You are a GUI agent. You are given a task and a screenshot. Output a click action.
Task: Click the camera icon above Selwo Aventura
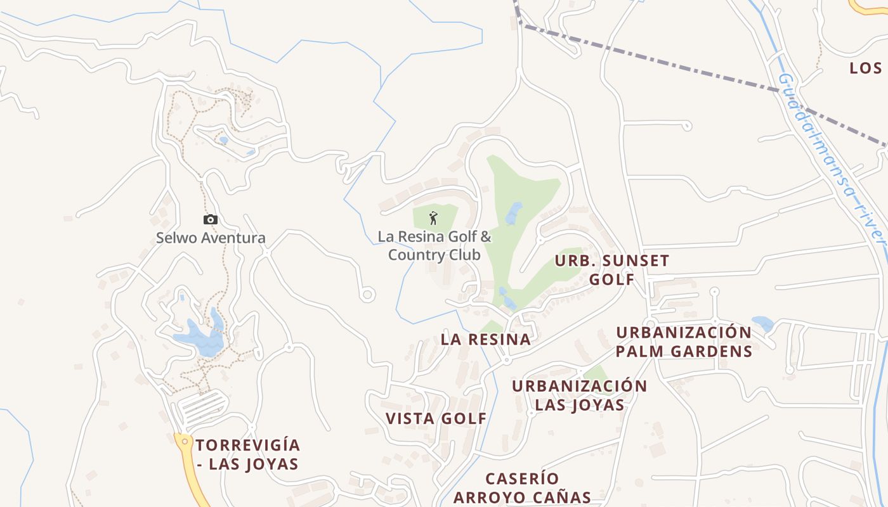[x=211, y=219]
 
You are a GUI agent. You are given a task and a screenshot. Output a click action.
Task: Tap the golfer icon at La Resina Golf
[x=434, y=218]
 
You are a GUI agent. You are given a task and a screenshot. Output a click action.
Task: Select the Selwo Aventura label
[x=211, y=238]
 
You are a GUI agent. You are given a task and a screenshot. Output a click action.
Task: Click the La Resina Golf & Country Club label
[x=435, y=246]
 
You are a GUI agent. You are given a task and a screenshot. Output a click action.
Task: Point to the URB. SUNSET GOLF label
[x=612, y=270]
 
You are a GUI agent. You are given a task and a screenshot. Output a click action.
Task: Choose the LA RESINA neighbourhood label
[x=486, y=340]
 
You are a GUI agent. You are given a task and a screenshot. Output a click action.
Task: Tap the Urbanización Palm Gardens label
[x=684, y=342]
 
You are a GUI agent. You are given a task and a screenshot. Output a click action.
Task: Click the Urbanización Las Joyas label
[x=580, y=395]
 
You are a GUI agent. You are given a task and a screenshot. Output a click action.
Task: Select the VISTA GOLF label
[x=436, y=418]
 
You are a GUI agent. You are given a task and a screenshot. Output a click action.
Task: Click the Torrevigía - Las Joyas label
[x=247, y=454]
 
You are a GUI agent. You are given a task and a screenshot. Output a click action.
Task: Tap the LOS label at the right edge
[x=866, y=68]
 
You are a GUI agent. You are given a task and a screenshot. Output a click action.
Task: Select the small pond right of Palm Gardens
[x=762, y=323]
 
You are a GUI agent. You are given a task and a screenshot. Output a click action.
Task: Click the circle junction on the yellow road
[x=185, y=440]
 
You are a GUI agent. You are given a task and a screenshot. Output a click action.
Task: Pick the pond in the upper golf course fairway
[x=514, y=214]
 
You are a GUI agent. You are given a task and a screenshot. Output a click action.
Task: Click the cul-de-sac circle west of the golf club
[x=367, y=295]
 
